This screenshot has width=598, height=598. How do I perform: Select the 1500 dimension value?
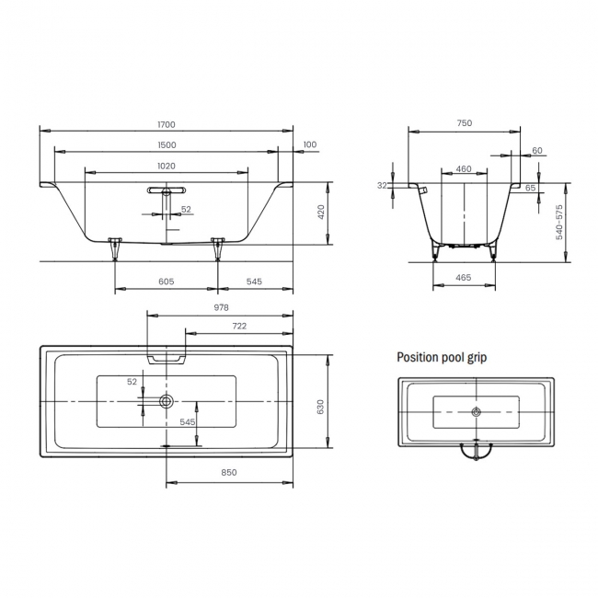tap(167, 145)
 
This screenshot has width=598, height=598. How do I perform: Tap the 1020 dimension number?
tap(167, 167)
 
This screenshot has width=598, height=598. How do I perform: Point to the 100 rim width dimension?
tap(309, 144)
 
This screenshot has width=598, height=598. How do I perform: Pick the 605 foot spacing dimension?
tap(166, 282)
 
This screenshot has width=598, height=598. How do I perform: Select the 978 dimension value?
tap(220, 308)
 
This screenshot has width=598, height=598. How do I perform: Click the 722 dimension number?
tap(238, 327)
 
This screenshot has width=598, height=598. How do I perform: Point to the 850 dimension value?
tap(229, 472)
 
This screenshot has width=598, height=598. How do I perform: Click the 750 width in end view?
tap(465, 124)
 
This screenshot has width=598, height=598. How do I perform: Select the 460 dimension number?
tap(464, 168)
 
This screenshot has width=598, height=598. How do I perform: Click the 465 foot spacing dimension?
tap(464, 276)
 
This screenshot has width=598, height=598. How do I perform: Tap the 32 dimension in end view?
tap(382, 185)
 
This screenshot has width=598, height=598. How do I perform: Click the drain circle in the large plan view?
tap(167, 401)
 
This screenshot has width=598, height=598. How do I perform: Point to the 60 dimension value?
tap(537, 151)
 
